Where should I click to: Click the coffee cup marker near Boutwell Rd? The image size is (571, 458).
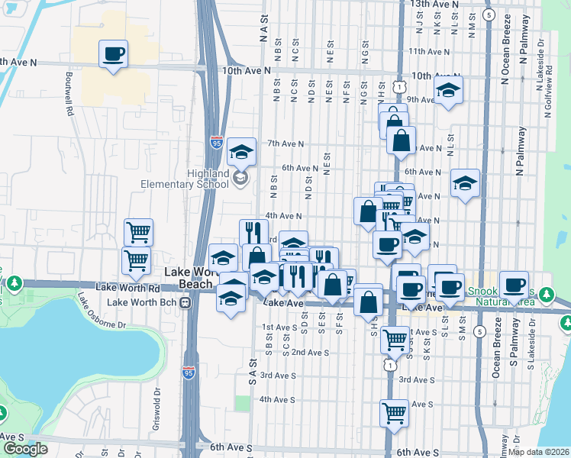(x=113, y=54)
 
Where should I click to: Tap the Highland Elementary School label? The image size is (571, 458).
(x=184, y=179)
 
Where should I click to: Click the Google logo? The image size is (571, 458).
(x=24, y=449)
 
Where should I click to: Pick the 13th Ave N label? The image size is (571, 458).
(x=435, y=4)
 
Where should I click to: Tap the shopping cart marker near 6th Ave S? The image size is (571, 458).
(x=394, y=413)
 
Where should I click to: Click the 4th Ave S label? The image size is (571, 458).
(x=277, y=399)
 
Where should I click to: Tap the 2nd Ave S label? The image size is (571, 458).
(x=310, y=352)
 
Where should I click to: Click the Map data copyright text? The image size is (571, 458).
(x=538, y=451)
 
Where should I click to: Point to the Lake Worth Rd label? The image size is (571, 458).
(x=128, y=288)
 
